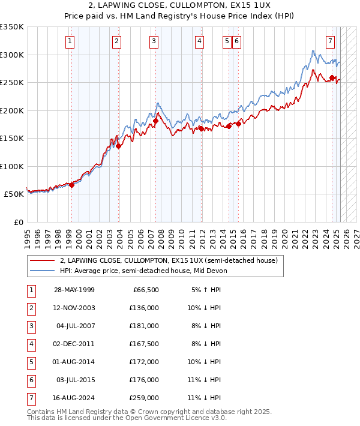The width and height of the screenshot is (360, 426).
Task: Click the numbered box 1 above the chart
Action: (x=71, y=41)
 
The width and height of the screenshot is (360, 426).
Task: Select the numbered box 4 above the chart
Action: (x=199, y=41)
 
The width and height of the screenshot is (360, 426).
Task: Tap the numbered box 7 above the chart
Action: (x=331, y=41)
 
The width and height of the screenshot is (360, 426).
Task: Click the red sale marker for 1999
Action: (x=71, y=185)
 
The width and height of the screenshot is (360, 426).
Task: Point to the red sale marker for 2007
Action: (x=155, y=121)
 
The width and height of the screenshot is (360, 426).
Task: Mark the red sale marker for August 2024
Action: (x=332, y=77)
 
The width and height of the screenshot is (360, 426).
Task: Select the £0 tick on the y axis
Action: (x=19, y=222)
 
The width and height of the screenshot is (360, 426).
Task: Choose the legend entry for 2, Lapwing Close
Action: (x=168, y=261)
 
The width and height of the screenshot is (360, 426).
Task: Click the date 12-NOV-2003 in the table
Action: (x=74, y=308)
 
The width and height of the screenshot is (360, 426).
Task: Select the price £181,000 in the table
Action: (x=144, y=326)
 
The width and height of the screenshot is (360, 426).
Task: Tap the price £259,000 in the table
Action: (x=144, y=398)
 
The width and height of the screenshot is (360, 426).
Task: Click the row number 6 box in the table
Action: (x=30, y=380)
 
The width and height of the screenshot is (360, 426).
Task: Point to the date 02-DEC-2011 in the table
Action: (x=74, y=344)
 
